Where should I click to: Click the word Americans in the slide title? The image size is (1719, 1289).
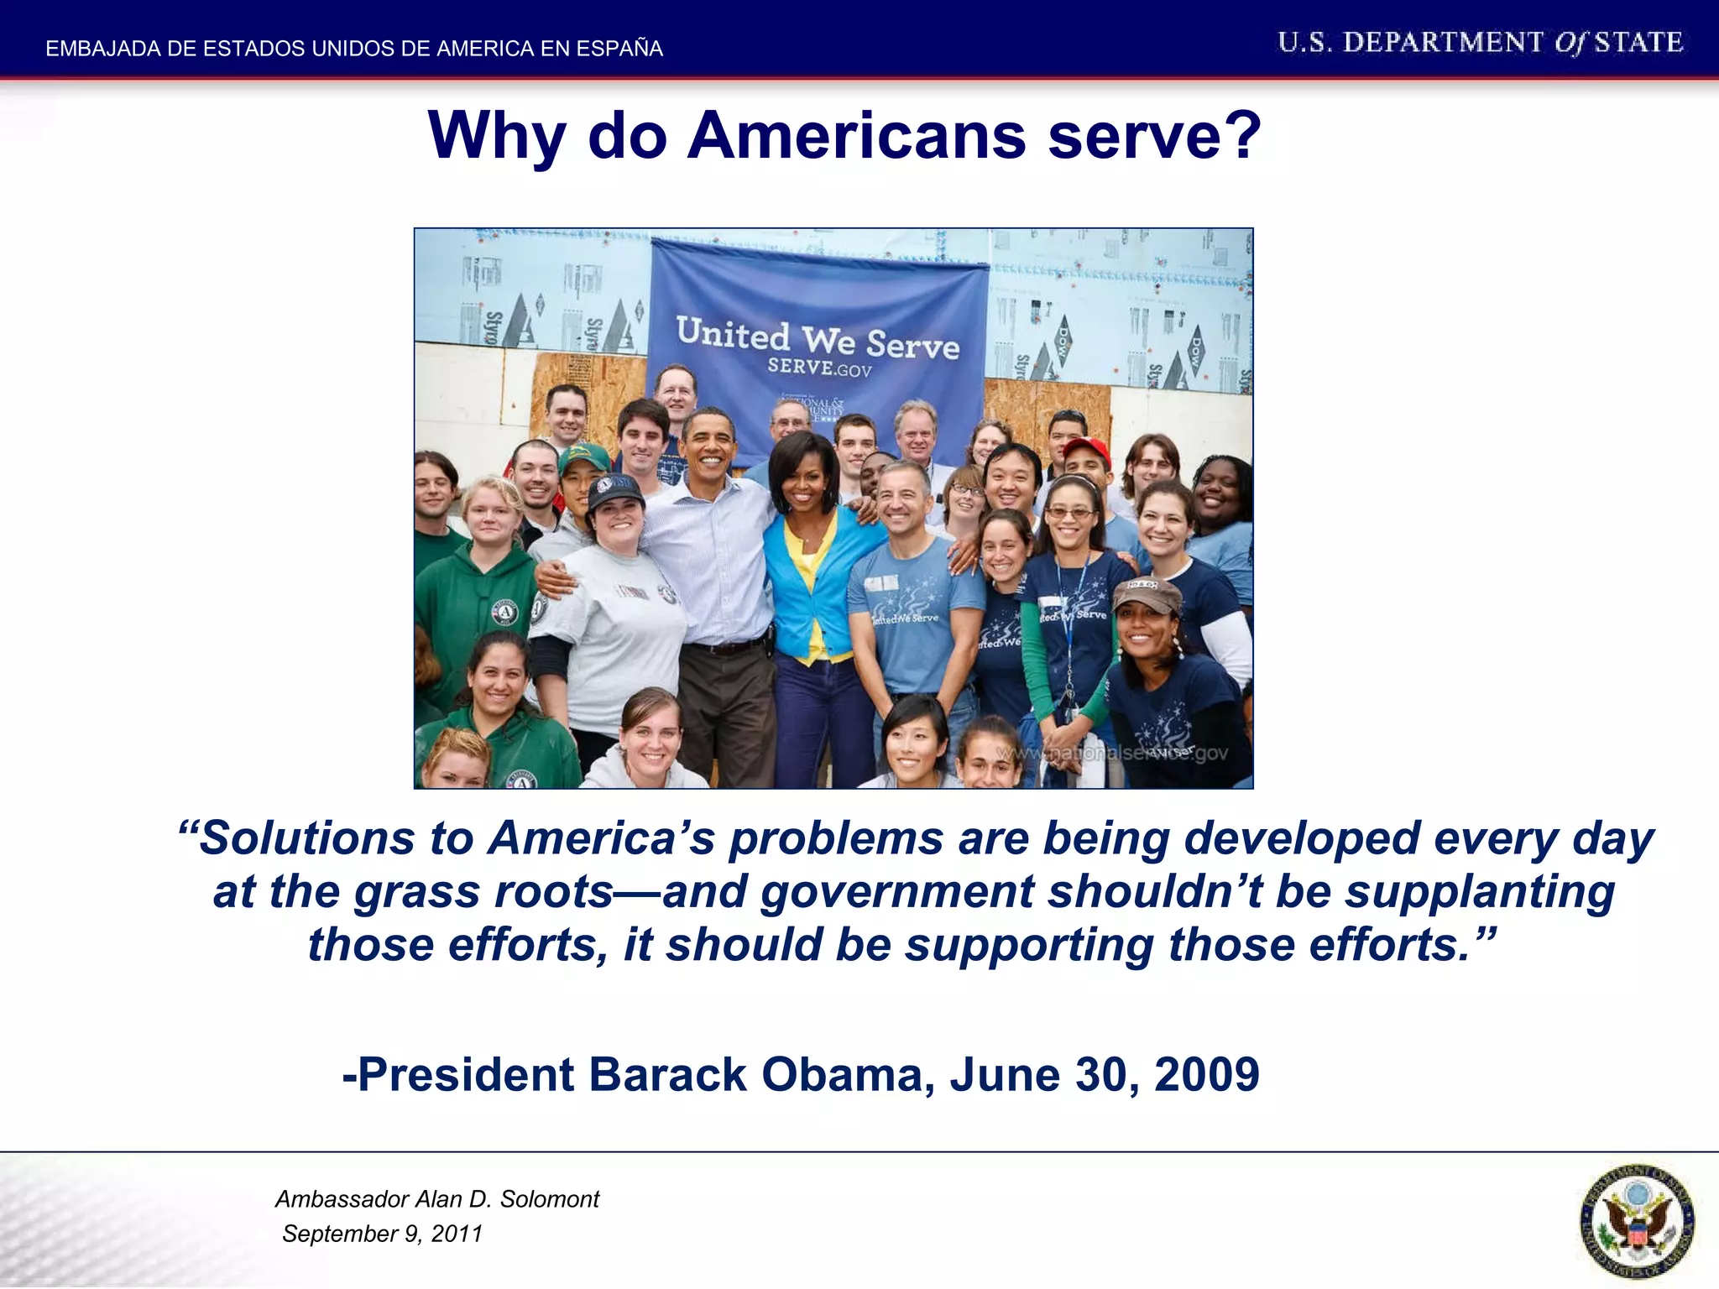[856, 136]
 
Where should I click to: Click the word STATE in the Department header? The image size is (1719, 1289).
[1638, 43]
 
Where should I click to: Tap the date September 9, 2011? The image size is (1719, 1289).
[382, 1234]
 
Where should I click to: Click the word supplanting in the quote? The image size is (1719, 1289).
[1480, 892]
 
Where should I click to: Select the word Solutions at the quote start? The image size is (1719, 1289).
[306, 838]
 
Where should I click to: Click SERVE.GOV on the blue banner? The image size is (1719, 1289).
[819, 368]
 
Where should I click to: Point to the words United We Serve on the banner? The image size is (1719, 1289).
[818, 339]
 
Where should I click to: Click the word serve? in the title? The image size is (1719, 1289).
[1154, 136]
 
